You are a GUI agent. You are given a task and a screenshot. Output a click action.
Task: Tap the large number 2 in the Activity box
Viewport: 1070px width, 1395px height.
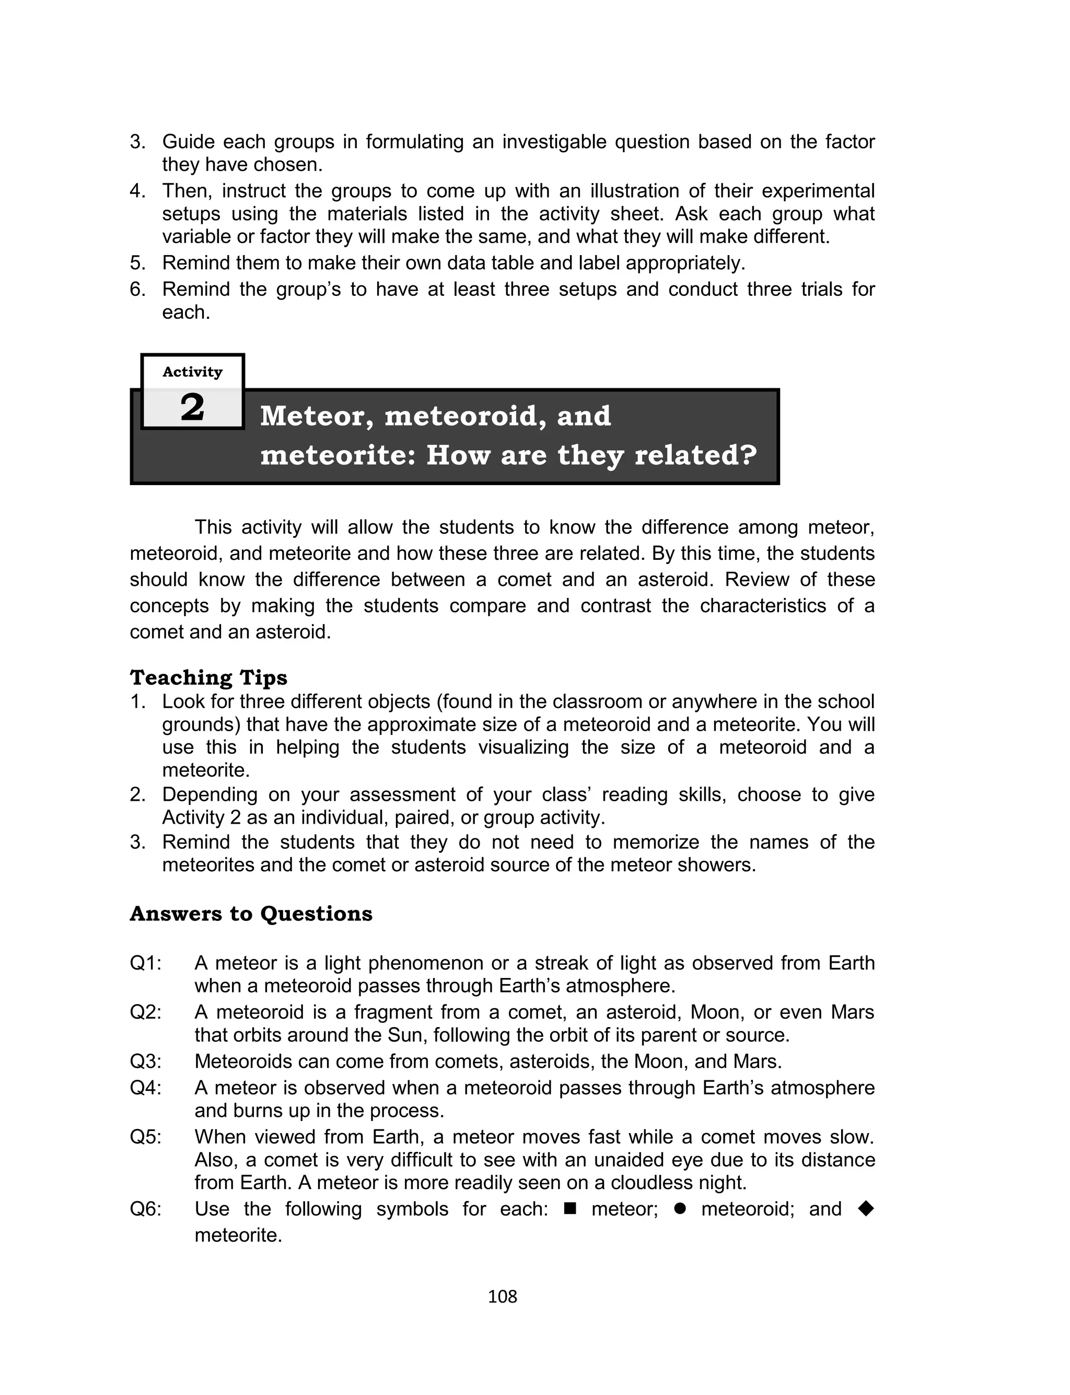[192, 407]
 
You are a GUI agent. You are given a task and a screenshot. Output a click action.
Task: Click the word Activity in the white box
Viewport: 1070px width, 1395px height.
[192, 372]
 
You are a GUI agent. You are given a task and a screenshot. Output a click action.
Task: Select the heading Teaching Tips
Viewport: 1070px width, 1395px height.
[208, 677]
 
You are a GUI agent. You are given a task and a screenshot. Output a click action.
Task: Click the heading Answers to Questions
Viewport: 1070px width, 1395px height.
[251, 914]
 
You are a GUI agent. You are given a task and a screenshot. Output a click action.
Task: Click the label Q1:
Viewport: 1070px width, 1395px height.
[146, 963]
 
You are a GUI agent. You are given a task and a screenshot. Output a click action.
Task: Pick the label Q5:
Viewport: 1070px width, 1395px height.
[146, 1137]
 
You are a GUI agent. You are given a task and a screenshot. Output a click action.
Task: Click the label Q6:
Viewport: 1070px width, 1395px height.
[146, 1209]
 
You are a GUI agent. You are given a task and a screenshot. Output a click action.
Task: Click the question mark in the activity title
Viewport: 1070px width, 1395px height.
[748, 455]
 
